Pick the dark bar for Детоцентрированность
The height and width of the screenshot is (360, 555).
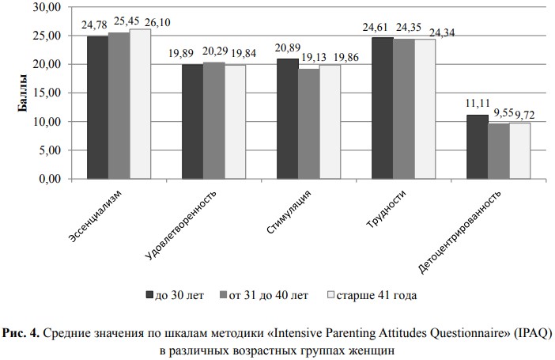(x=478, y=147)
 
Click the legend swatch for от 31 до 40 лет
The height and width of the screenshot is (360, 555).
(x=222, y=295)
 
